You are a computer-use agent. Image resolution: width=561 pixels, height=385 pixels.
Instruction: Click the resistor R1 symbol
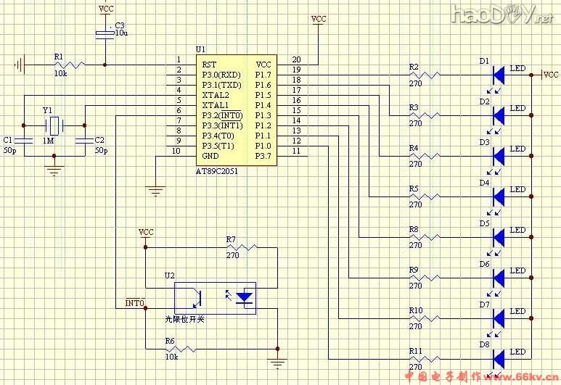point(70,65)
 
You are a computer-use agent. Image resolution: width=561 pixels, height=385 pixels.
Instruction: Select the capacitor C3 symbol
point(106,33)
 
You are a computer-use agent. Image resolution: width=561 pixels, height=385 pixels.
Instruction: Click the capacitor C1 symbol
point(24,140)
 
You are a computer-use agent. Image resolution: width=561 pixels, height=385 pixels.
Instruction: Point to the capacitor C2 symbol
point(85,140)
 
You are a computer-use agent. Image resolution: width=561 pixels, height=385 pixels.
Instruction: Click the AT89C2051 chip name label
point(217,171)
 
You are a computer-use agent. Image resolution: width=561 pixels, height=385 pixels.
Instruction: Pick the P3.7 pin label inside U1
point(263,155)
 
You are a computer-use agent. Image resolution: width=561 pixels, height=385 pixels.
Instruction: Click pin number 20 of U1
point(296,59)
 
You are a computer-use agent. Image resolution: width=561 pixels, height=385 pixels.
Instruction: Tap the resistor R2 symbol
point(426,75)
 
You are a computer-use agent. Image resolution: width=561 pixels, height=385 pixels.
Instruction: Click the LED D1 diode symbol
point(499,75)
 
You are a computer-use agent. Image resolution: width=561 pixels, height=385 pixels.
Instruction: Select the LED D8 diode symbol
point(499,358)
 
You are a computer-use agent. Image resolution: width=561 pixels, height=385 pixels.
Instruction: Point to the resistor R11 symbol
point(426,358)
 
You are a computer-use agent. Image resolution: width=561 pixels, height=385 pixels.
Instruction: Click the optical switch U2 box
point(216,297)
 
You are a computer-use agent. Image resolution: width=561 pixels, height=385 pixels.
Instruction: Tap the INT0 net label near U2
point(135,302)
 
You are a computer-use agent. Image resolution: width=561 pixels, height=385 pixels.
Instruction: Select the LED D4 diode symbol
point(499,196)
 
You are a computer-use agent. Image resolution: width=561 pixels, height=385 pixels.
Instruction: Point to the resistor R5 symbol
point(426,196)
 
